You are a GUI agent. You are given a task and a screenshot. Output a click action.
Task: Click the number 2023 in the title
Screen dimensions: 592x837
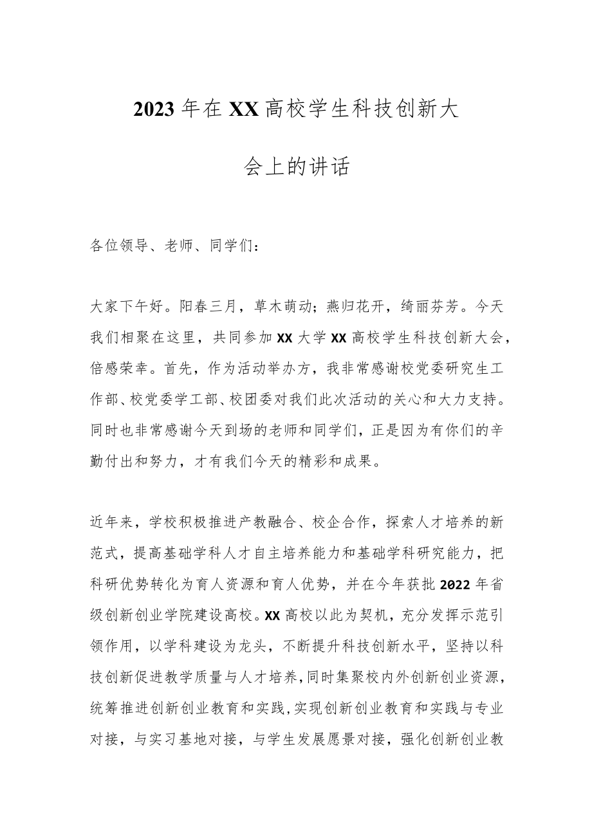154,110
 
